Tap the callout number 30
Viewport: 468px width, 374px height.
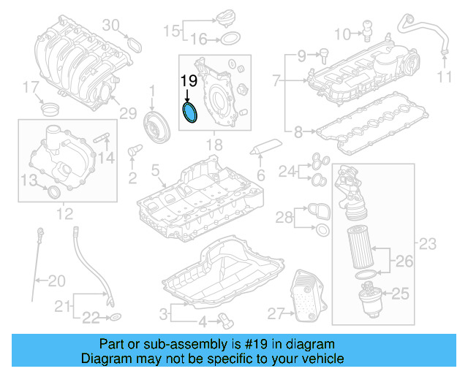click(x=110, y=26)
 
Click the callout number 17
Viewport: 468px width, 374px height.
click(x=30, y=88)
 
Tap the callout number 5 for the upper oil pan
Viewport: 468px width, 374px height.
click(x=154, y=170)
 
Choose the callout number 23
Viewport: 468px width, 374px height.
click(x=428, y=243)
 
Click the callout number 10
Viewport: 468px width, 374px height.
click(x=342, y=33)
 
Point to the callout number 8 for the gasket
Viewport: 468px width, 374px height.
click(x=298, y=133)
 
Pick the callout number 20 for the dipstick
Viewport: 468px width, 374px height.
click(x=56, y=280)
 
